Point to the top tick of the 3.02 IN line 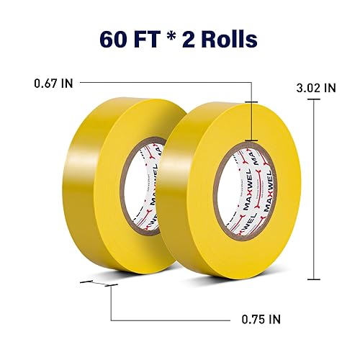point(314,99)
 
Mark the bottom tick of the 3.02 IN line point(314,279)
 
